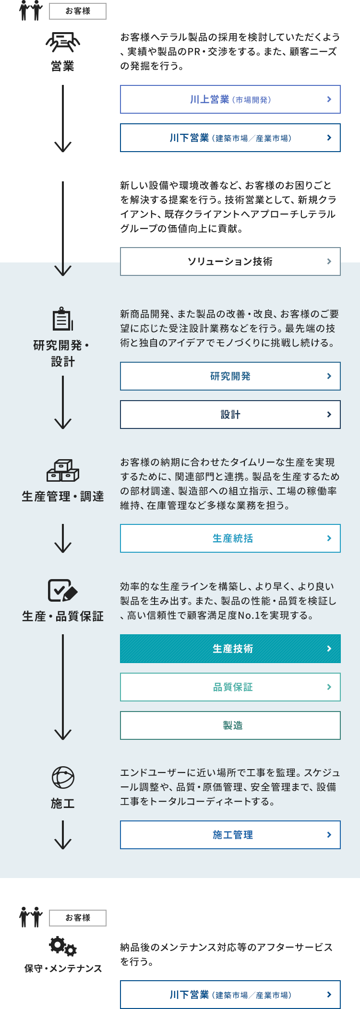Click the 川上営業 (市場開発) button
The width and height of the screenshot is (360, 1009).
[230, 99]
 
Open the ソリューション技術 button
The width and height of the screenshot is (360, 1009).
[230, 261]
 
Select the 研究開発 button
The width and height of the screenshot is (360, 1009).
[230, 376]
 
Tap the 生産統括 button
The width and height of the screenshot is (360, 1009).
[230, 538]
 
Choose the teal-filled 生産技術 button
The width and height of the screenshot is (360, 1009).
[230, 649]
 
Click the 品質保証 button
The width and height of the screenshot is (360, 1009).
[230, 687]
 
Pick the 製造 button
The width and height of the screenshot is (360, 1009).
[230, 725]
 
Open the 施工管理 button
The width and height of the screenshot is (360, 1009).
[230, 835]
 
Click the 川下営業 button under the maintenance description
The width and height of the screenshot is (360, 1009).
[230, 995]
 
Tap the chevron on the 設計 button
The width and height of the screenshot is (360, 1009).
[329, 415]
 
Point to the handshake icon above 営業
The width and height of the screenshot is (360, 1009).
[63, 42]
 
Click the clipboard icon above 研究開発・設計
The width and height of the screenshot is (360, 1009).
[63, 319]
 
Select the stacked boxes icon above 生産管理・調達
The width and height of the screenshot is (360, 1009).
[63, 470]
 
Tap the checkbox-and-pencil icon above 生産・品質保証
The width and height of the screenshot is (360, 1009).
[63, 590]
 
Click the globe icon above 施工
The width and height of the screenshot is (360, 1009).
[63, 778]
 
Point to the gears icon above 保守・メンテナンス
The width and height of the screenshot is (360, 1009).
[63, 946]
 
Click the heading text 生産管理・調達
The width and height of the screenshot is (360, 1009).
[63, 497]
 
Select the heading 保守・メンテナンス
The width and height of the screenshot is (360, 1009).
[63, 969]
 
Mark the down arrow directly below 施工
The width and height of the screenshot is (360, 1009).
[63, 835]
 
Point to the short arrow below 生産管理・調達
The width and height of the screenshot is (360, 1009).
[63, 538]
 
